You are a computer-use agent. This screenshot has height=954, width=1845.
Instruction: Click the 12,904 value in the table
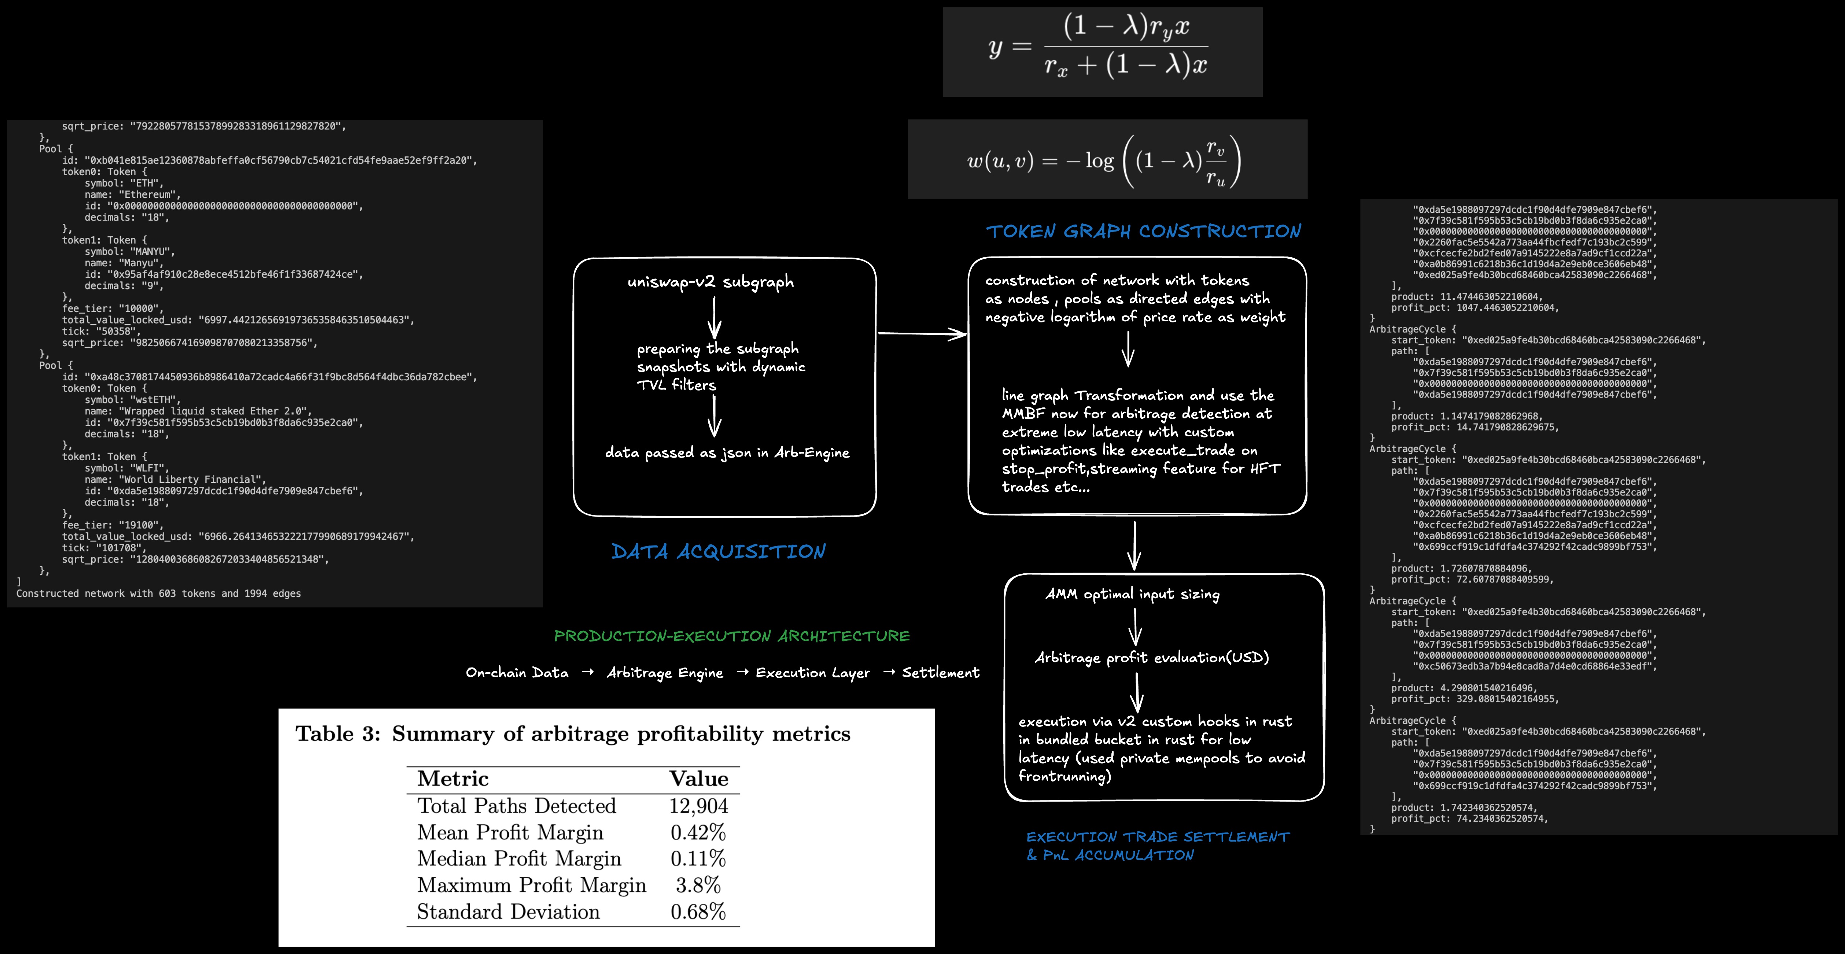[x=698, y=806]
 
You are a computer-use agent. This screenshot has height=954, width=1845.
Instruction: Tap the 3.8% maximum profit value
[x=698, y=885]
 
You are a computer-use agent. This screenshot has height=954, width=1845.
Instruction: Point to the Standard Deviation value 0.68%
[x=698, y=912]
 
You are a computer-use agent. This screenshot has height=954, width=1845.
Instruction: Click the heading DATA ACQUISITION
[x=718, y=551]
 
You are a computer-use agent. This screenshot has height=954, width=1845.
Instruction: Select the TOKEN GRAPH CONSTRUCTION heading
[x=1143, y=231]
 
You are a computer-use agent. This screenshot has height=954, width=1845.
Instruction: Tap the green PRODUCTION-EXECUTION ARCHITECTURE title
[x=731, y=636]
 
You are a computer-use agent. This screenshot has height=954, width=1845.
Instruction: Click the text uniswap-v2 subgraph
[x=711, y=281]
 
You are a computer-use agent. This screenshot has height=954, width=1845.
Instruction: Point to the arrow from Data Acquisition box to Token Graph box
[x=922, y=334]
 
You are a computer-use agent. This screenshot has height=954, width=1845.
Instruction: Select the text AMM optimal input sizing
[x=1132, y=594]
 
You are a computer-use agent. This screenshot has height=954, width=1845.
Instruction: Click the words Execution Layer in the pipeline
[x=813, y=673]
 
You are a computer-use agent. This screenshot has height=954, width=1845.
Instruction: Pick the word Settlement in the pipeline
[x=940, y=673]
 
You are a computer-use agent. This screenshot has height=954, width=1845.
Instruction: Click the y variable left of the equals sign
[x=995, y=48]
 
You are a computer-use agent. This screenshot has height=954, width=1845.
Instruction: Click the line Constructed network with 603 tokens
[x=158, y=594]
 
